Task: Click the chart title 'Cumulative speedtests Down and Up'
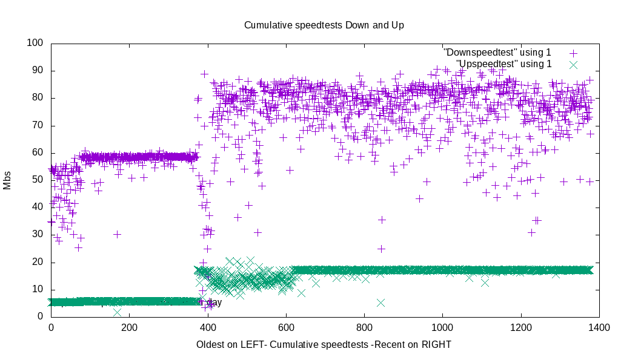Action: click(x=324, y=25)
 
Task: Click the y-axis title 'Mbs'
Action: click(x=7, y=180)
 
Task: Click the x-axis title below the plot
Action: click(x=324, y=344)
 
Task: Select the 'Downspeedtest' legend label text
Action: click(x=497, y=53)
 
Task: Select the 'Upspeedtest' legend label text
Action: click(x=503, y=64)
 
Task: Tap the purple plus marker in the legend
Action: click(x=573, y=53)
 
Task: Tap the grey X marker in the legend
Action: click(x=573, y=64)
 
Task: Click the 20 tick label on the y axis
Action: click(x=38, y=262)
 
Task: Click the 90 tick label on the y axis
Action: click(x=38, y=71)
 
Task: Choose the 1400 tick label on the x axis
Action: click(x=599, y=328)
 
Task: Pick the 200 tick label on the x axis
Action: click(x=129, y=328)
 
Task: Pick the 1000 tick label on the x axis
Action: click(x=442, y=328)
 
